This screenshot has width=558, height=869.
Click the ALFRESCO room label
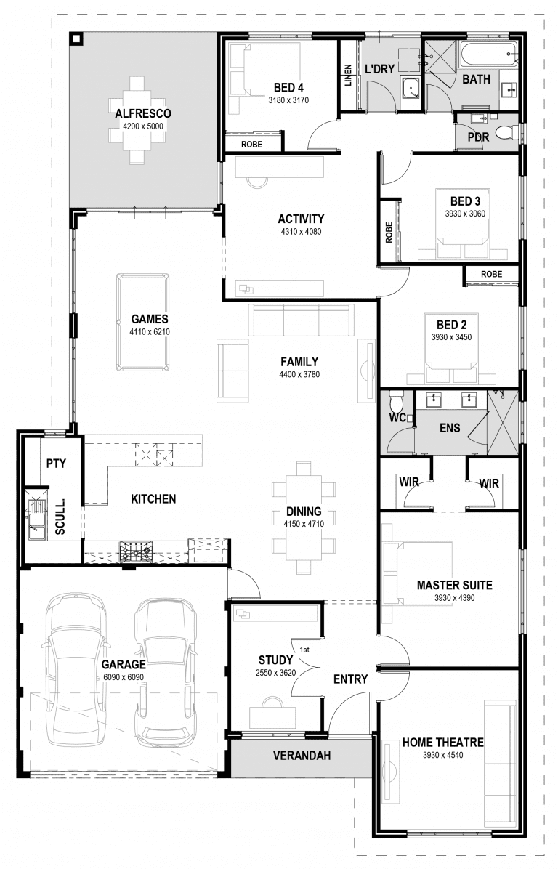click(142, 113)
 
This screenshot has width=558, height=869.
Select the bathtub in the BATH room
click(488, 54)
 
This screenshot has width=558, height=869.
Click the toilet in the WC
click(396, 403)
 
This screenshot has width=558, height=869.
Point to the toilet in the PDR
click(514, 132)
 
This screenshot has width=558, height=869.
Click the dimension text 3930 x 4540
click(442, 755)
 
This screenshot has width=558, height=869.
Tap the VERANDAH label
click(302, 756)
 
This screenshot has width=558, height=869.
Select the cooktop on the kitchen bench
click(136, 553)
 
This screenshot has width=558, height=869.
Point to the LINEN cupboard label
click(348, 77)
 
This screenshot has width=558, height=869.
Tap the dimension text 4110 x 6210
click(150, 331)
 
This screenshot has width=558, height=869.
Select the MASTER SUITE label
click(454, 585)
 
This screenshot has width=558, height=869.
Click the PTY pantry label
click(56, 463)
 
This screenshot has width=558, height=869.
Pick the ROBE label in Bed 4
click(251, 145)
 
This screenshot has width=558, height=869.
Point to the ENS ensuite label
click(450, 428)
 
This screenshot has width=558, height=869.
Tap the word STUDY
click(275, 660)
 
